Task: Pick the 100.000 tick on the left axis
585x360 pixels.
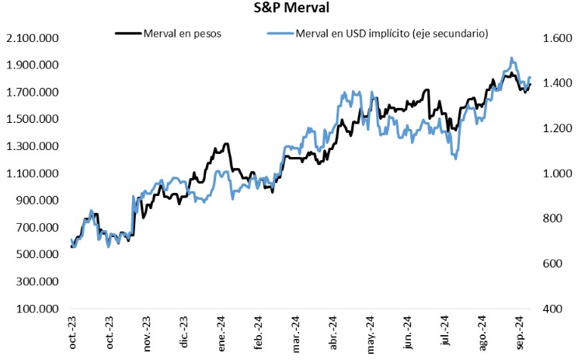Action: click(35, 309)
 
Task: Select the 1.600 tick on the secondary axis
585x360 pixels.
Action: click(548, 38)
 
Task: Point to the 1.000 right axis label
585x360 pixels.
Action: click(548, 173)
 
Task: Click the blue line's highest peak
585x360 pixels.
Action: click(511, 58)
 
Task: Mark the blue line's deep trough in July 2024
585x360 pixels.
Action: click(454, 159)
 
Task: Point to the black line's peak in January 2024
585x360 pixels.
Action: click(226, 144)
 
